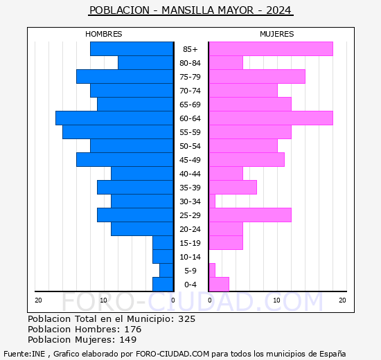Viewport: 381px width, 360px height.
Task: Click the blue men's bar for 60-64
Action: point(114,118)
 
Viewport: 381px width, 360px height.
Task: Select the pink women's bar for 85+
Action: point(271,49)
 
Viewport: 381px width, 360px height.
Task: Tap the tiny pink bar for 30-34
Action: point(212,201)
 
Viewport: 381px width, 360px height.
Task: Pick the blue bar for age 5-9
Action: point(166,271)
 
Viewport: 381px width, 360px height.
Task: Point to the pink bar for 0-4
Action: point(219,285)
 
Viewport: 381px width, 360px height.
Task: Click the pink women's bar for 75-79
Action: point(257,77)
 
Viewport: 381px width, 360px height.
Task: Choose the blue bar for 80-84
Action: point(145,63)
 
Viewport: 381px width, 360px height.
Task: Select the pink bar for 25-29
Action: point(250,215)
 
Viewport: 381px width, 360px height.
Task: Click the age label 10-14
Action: point(190,257)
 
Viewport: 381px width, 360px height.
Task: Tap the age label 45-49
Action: point(190,160)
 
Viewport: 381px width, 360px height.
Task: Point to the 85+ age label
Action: point(190,49)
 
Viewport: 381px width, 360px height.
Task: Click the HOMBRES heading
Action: point(103,34)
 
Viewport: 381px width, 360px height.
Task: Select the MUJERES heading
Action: point(277,34)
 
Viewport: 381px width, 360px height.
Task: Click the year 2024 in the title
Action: point(278,10)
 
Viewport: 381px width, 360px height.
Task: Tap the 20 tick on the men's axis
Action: point(38,300)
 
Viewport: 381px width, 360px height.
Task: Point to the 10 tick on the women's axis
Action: point(276,300)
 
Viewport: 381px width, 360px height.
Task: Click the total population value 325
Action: point(186,318)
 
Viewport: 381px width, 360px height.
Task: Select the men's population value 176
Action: point(133,329)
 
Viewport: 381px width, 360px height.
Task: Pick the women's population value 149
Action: point(128,339)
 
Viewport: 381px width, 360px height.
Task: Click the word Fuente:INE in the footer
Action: point(24,354)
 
